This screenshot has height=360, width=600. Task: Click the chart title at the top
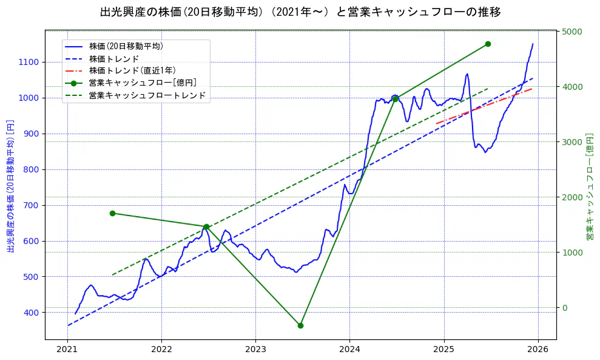300,12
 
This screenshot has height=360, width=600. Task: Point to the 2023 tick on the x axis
255,349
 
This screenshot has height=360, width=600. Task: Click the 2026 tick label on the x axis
538,349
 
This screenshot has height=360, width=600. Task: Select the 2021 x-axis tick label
67,349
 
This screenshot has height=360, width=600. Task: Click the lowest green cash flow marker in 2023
300,325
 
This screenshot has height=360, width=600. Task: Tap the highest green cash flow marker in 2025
488,44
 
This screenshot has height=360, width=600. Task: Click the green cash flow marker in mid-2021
112,213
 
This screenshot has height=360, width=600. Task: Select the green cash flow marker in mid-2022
206,226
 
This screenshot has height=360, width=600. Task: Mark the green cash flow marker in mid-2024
395,98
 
